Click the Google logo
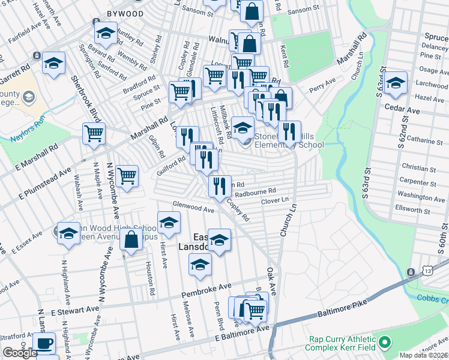coord(20,353)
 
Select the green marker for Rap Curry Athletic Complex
coord(385,343)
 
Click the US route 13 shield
coord(411,272)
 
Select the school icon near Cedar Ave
coord(396,84)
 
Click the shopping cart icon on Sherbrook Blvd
coord(94,134)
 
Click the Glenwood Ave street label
coord(193,207)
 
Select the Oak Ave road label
coord(271,281)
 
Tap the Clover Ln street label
coord(275,200)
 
